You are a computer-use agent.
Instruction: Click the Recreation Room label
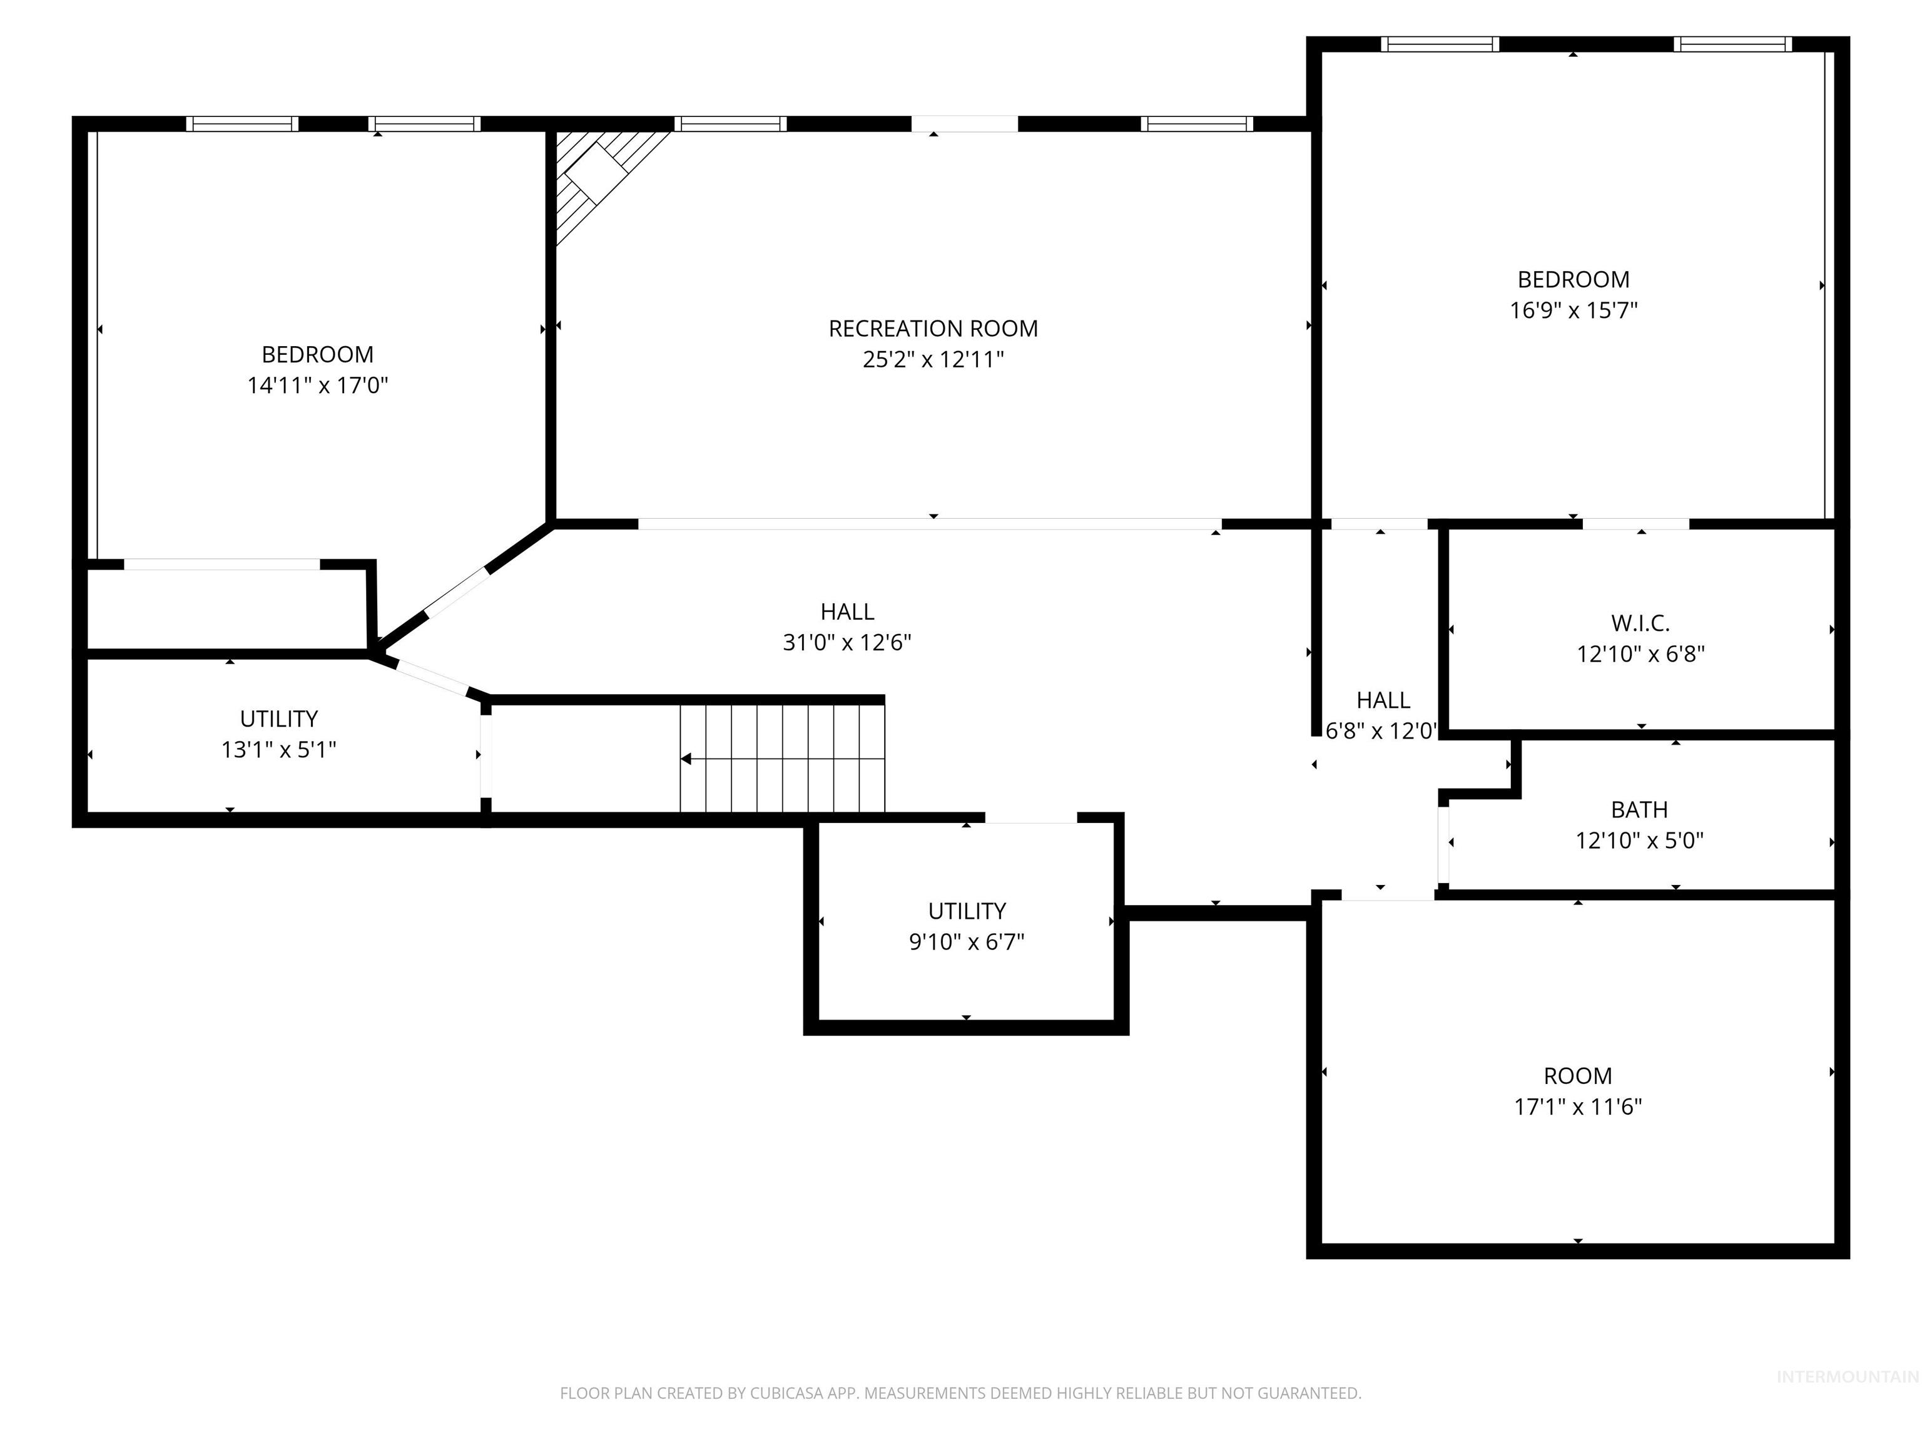pyautogui.click(x=933, y=329)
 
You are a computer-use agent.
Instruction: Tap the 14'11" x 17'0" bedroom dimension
pyautogui.click(x=317, y=385)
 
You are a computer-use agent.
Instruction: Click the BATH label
pyautogui.click(x=1640, y=810)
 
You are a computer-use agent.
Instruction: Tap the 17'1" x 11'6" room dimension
pyautogui.click(x=1578, y=1107)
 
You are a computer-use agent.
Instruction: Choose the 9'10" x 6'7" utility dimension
pyautogui.click(x=967, y=941)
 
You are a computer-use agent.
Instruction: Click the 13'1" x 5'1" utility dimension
pyautogui.click(x=279, y=749)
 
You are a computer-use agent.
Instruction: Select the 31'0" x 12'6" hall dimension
pyautogui.click(x=847, y=642)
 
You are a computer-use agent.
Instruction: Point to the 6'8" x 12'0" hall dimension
pyautogui.click(x=1381, y=731)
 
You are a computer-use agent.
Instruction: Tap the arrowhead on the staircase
pyautogui.click(x=686, y=759)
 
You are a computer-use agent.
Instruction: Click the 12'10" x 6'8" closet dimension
pyautogui.click(x=1640, y=653)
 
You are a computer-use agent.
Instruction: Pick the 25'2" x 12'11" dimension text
pyautogui.click(x=933, y=360)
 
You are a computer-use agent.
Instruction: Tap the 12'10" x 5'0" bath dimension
pyautogui.click(x=1640, y=841)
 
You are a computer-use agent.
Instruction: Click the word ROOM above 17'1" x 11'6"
pyautogui.click(x=1578, y=1076)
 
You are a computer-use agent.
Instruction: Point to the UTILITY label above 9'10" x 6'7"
pyautogui.click(x=967, y=911)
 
